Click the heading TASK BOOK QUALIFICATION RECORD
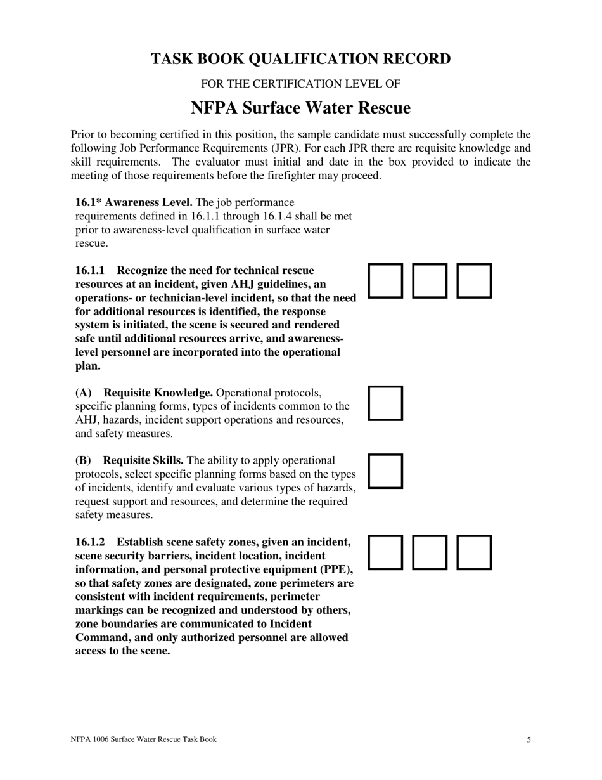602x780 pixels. [300, 59]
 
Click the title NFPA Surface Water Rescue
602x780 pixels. [300, 108]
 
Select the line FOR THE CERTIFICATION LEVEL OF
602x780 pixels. [300, 84]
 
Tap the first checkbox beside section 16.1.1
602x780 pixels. [385, 281]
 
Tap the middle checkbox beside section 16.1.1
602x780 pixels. [430, 281]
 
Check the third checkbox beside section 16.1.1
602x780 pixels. [475, 281]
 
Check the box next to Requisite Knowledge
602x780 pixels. [385, 403]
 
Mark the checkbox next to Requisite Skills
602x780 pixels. [385, 471]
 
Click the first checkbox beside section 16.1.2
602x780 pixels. [385, 552]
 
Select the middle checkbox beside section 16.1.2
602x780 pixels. [430, 552]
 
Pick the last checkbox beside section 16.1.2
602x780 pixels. [475, 552]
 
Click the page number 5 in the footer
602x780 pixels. [528, 739]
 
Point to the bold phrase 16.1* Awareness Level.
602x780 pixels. [134, 202]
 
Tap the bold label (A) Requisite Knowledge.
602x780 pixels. [144, 393]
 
